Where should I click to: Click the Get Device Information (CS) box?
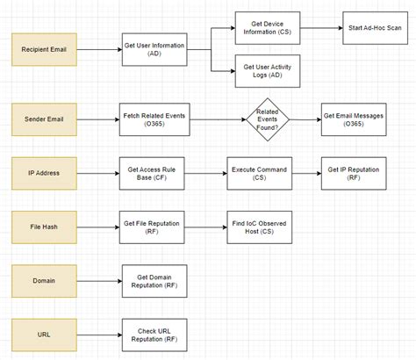point(268,27)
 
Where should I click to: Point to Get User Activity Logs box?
point(268,71)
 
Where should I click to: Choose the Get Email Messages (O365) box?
point(354,119)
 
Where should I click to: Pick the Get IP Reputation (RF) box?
point(354,173)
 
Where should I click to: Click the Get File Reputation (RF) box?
point(152,227)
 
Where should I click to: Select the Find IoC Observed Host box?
point(259,227)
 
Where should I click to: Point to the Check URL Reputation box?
point(152,335)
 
